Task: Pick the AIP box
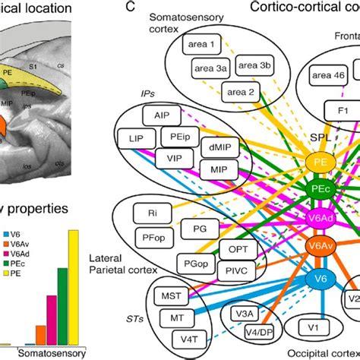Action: coord(162,117)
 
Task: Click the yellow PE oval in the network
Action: coord(321,162)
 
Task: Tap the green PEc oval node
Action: coord(321,188)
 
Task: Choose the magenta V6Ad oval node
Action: coord(321,219)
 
